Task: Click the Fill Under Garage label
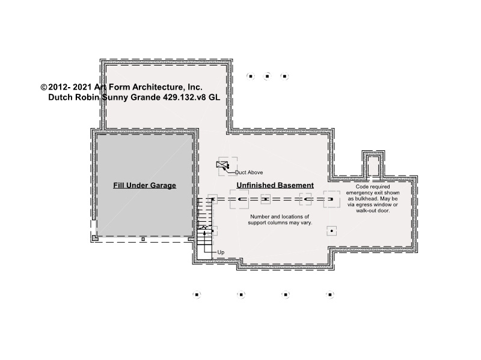pyautogui.click(x=144, y=185)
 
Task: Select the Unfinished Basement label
pyautogui.click(x=275, y=185)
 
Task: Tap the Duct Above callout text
pyautogui.click(x=249, y=172)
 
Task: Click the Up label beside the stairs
pyautogui.click(x=221, y=252)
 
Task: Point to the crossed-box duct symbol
pyautogui.click(x=222, y=165)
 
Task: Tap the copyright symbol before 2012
pyautogui.click(x=43, y=87)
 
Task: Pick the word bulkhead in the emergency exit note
pyautogui.click(x=365, y=199)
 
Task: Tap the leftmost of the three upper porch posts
pyautogui.click(x=251, y=76)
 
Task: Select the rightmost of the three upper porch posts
pyautogui.click(x=284, y=76)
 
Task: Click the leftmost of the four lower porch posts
pyautogui.click(x=197, y=294)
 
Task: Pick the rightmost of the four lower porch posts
pyautogui.click(x=329, y=294)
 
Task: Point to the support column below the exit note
pyautogui.click(x=332, y=231)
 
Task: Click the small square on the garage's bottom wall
pyautogui.click(x=143, y=239)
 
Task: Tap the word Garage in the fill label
pyautogui.click(x=163, y=185)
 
